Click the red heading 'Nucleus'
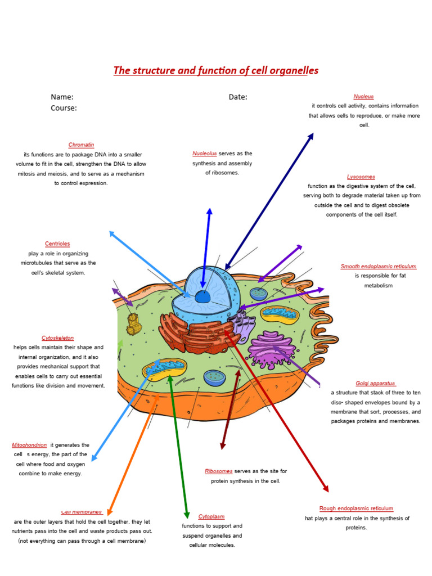tap(363, 97)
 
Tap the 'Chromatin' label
tap(81, 145)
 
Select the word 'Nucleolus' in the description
tap(204, 154)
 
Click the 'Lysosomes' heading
tap(361, 177)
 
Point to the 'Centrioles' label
tap(57, 244)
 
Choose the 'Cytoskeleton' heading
tap(57, 338)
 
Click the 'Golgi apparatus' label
tap(376, 383)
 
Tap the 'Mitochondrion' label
tap(29, 444)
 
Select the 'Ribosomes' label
tap(218, 471)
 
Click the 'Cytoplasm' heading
tap(211, 516)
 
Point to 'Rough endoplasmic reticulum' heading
tap(356, 508)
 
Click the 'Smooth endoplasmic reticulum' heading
tap(379, 266)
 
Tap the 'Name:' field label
tap(62, 97)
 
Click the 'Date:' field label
tap(238, 97)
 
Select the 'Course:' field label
tap(64, 108)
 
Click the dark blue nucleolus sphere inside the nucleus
tap(202, 296)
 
